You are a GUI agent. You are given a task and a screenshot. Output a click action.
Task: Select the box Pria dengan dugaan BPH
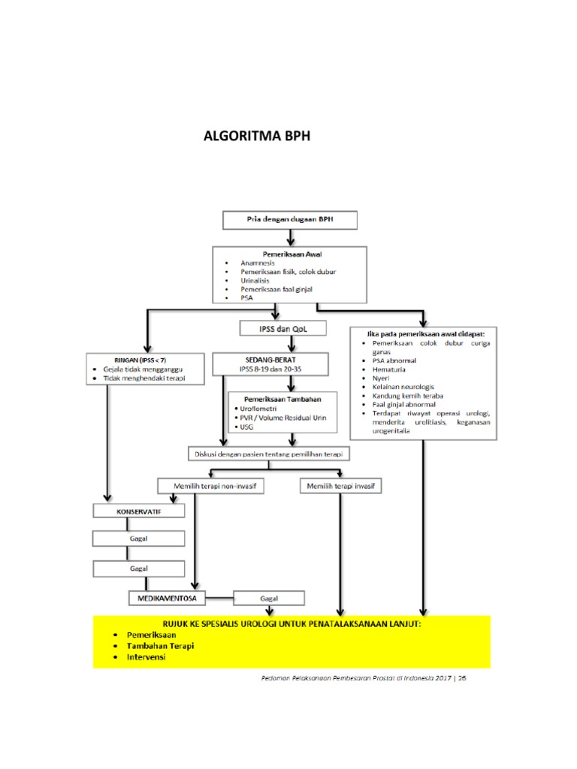pyautogui.click(x=289, y=220)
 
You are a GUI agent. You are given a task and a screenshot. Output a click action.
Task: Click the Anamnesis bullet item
pyautogui.click(x=258, y=263)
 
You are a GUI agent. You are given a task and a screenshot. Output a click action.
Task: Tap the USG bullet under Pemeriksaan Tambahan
pyautogui.click(x=249, y=427)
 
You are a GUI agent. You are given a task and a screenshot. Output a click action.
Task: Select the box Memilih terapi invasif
pyautogui.click(x=341, y=486)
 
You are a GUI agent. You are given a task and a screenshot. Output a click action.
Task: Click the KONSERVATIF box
pyautogui.click(x=138, y=511)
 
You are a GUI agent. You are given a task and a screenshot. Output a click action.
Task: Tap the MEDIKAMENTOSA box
pyautogui.click(x=166, y=599)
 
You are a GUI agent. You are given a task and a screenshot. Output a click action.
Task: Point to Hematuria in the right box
pyautogui.click(x=390, y=370)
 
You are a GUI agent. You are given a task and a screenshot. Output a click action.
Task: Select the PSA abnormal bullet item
pyautogui.click(x=397, y=360)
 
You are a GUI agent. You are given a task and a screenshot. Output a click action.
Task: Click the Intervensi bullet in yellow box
pyautogui.click(x=147, y=657)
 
